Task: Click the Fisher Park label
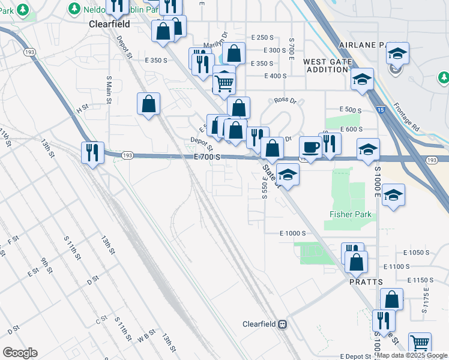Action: click(x=351, y=214)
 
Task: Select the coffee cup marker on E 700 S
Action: click(x=310, y=147)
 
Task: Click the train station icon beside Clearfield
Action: click(x=282, y=324)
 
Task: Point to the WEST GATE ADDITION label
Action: click(x=325, y=65)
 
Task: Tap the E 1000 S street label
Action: click(x=293, y=233)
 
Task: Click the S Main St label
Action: click(x=109, y=90)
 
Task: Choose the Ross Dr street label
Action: click(x=286, y=101)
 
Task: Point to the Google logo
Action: click(x=20, y=352)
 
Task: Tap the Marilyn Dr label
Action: click(x=216, y=45)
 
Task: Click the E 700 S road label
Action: click(x=208, y=157)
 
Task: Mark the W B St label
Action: click(x=146, y=336)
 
